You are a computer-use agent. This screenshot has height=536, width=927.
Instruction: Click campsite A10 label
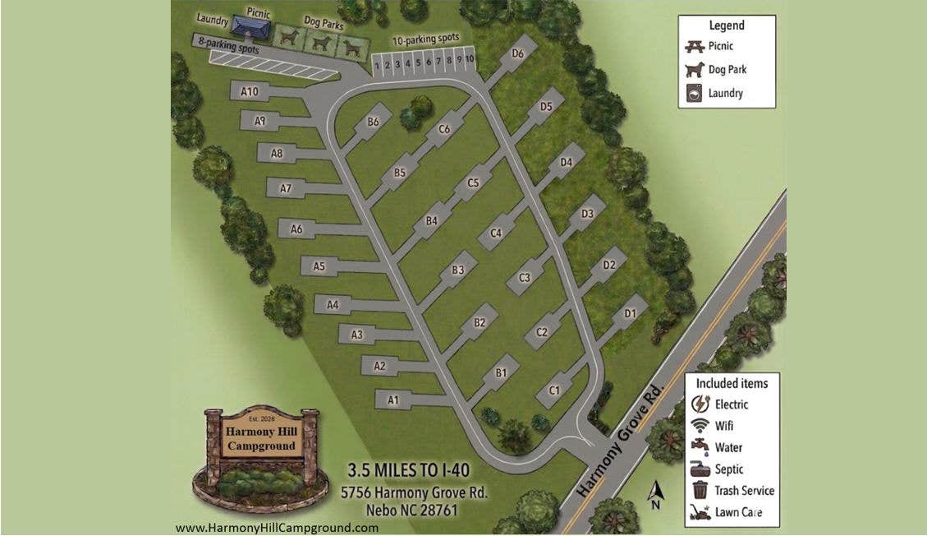pos(250,90)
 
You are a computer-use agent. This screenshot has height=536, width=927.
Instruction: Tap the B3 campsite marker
pos(459,270)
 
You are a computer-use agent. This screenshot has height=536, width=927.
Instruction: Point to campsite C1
pos(554,390)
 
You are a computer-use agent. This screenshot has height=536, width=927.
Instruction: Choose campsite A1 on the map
pos(393,400)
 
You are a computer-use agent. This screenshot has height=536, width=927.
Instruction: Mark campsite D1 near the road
pos(631,313)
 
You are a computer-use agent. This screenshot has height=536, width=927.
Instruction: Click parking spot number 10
pos(470,60)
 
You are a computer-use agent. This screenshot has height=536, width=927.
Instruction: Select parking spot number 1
pos(378,65)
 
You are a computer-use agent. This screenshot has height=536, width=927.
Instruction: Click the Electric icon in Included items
pos(700,404)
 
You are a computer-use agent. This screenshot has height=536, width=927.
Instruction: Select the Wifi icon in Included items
pos(700,426)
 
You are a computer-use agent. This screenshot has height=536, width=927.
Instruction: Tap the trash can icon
pos(700,490)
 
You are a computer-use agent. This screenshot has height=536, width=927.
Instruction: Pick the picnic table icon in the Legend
pos(695,47)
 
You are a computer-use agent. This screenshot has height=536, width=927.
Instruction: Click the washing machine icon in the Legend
pos(695,93)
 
